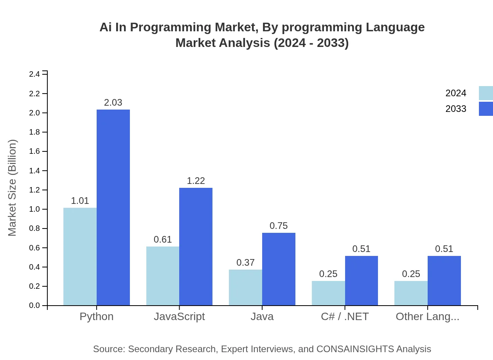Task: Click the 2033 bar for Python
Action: (113, 207)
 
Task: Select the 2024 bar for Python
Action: (80, 256)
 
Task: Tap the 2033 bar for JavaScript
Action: (196, 247)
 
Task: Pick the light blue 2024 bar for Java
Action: (245, 287)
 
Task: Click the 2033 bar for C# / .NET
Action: (361, 281)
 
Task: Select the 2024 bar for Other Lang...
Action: (411, 293)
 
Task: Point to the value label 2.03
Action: (113, 103)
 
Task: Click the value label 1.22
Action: (196, 181)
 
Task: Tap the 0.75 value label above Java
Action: (279, 226)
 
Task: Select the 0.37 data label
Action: (245, 263)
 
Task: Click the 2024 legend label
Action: (456, 93)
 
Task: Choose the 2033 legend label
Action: (456, 109)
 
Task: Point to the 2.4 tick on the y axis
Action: (34, 74)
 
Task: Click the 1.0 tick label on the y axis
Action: (34, 209)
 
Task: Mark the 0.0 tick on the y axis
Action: (34, 306)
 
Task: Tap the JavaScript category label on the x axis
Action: (179, 317)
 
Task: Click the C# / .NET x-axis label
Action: (345, 317)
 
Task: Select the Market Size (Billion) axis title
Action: (13, 188)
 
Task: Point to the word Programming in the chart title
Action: (167, 27)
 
